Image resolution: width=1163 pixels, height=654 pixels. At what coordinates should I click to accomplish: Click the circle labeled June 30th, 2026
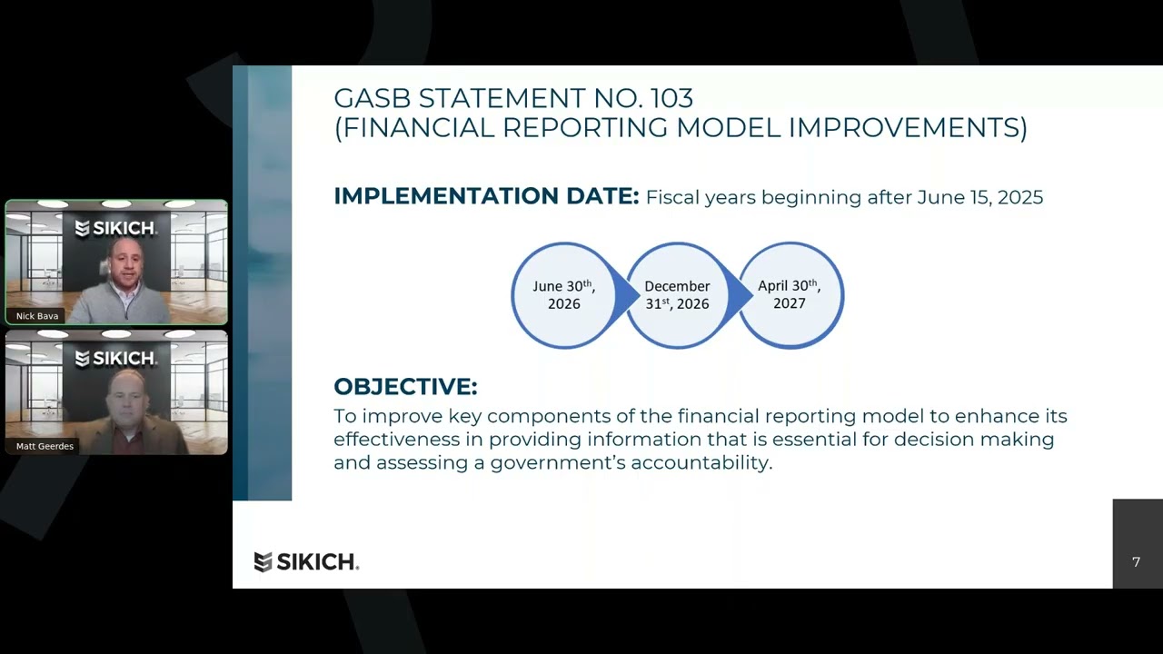tap(563, 295)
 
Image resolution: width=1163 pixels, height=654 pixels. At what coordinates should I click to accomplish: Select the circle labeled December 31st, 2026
tap(677, 295)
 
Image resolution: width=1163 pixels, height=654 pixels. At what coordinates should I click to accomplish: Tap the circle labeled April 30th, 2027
tap(790, 295)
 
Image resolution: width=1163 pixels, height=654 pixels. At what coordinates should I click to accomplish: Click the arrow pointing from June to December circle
tap(625, 295)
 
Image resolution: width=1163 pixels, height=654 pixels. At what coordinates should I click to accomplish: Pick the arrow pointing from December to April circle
tap(741, 295)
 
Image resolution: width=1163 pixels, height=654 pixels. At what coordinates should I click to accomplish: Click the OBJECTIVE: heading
tap(405, 387)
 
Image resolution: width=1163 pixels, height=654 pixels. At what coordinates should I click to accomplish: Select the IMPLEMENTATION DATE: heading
tap(486, 196)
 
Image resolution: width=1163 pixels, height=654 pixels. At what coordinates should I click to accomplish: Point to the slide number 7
tap(1136, 562)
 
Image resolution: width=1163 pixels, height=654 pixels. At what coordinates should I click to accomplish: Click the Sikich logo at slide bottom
tap(306, 562)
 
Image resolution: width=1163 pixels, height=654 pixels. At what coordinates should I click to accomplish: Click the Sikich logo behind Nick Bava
tap(115, 228)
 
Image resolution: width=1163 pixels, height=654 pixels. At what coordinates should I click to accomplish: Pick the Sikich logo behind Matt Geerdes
tap(115, 358)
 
